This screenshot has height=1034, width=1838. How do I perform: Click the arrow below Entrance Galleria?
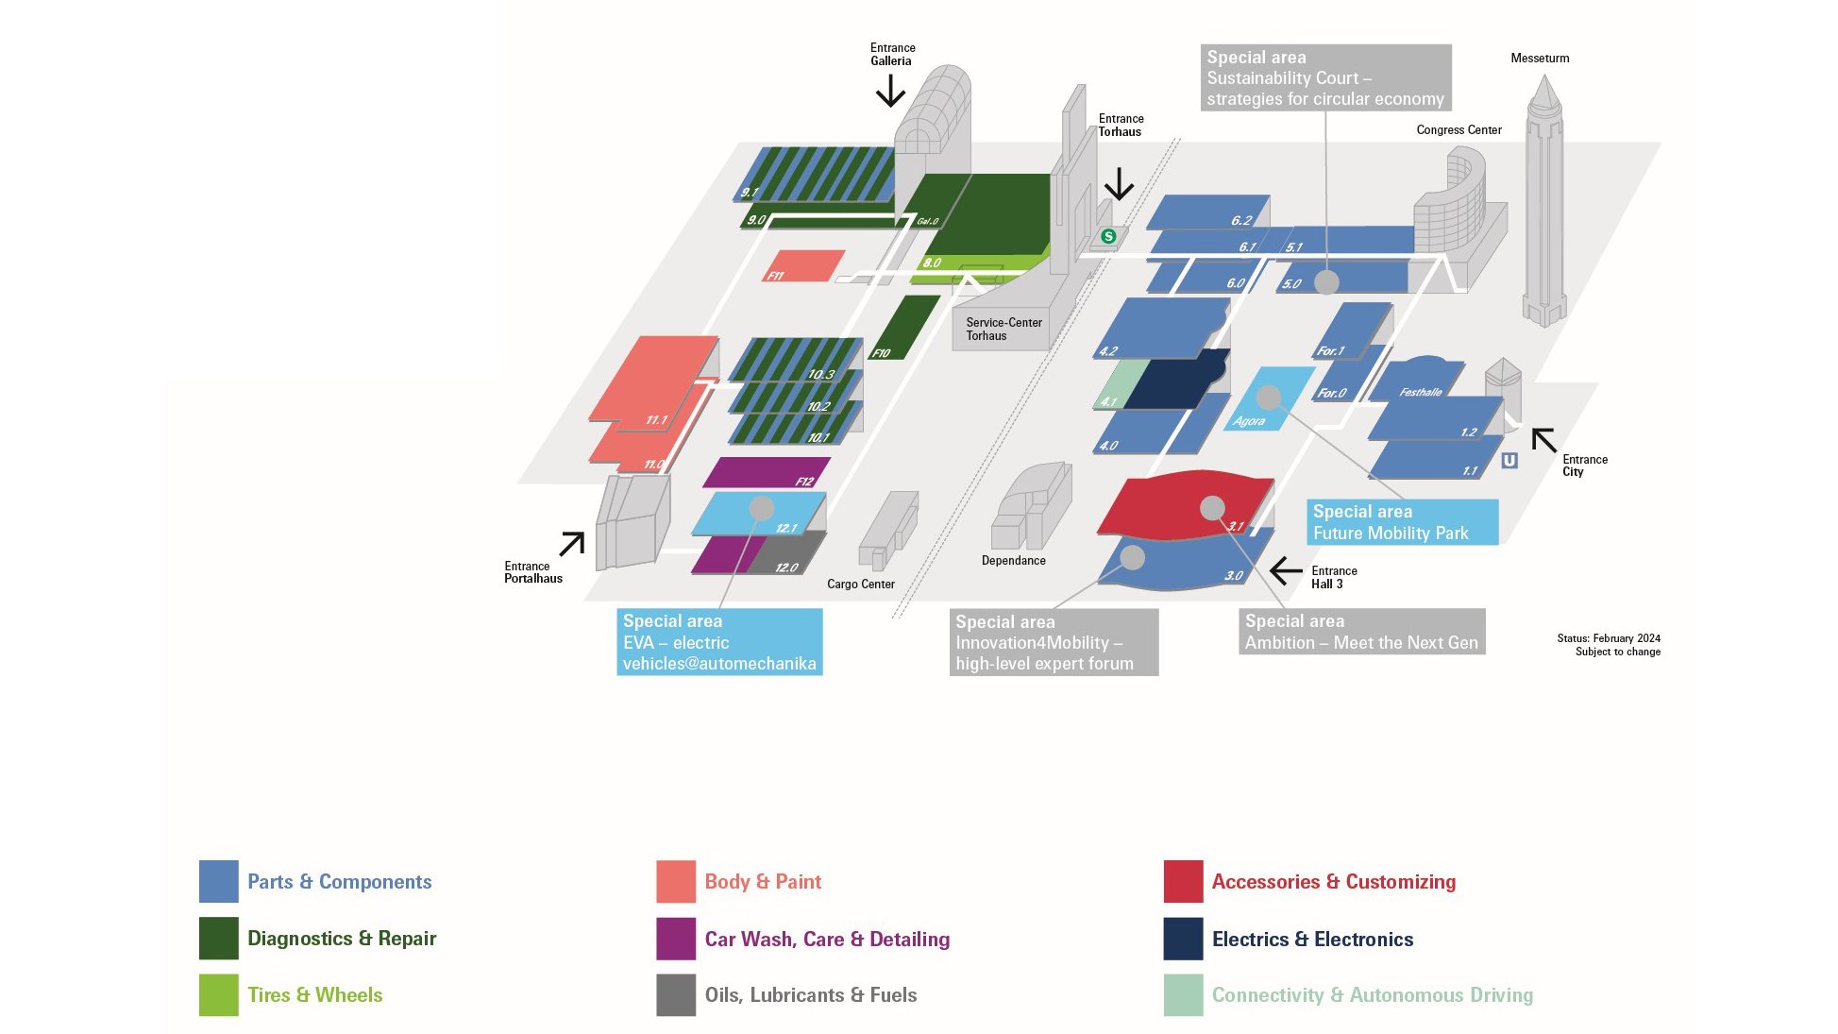890,91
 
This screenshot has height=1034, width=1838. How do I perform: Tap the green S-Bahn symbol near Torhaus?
1108,236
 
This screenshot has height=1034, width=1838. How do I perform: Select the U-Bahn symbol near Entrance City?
1509,460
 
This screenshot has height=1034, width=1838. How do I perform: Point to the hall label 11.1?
656,420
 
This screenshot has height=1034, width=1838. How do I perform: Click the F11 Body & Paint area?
803,265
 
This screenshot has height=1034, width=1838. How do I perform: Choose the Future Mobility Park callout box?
1402,522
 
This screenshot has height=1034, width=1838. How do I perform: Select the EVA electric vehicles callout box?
719,642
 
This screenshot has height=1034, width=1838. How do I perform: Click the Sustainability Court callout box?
1325,77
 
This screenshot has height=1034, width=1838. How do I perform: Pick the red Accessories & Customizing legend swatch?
1183,881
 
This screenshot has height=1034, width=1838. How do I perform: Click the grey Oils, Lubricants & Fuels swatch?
676,994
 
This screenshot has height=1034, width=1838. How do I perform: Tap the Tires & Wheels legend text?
315,994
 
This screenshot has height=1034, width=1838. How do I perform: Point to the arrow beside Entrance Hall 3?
1286,571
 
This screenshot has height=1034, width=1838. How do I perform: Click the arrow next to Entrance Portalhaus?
572,544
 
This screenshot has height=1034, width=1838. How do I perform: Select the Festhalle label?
1421,392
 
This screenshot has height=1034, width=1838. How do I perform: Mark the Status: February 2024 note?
1609,638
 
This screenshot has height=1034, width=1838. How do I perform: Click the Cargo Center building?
888,531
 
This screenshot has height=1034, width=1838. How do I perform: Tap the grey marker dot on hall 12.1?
762,508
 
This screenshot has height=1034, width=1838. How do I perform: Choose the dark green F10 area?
903,328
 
